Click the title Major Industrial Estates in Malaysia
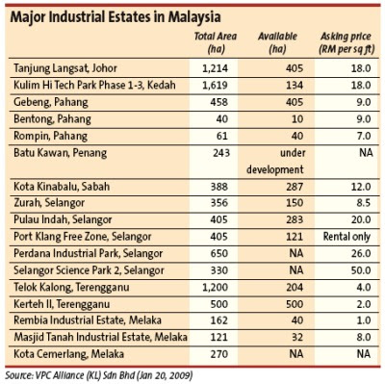115,17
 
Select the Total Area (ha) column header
216,42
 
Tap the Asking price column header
346,42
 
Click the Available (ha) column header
277,42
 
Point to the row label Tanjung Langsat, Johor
65,68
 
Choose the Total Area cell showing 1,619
215,86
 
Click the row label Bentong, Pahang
52,119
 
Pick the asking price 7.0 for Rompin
364,136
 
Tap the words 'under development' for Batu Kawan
275,161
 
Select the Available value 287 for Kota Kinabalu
295,187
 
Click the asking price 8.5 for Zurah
364,203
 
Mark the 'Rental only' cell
346,237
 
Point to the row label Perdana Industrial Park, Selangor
89,253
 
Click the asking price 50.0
361,270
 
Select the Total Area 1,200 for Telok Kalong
215,288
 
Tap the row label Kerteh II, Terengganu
62,304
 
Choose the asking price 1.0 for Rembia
364,320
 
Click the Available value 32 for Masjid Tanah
297,338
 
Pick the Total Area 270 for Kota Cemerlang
219,354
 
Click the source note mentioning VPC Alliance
99,375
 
